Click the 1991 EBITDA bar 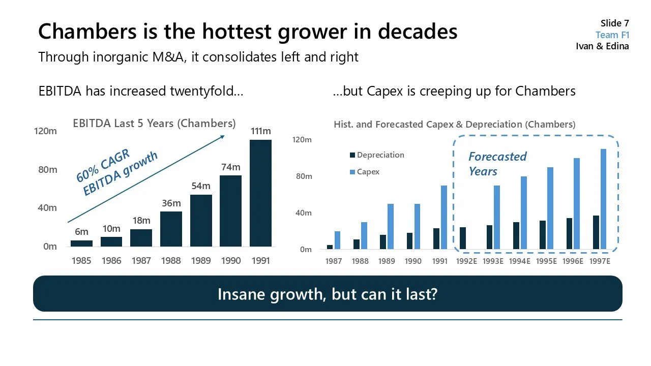(260, 193)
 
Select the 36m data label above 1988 (171, 203)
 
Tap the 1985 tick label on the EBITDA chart (81, 261)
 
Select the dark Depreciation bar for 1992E (462, 238)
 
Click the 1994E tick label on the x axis (519, 261)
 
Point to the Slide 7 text (614, 23)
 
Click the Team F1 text (612, 35)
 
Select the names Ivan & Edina (602, 46)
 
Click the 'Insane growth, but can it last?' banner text (327, 294)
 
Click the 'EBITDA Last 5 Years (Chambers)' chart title (154, 123)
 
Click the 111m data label (260, 132)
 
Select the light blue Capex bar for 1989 (391, 227)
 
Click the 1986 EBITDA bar (111, 241)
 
